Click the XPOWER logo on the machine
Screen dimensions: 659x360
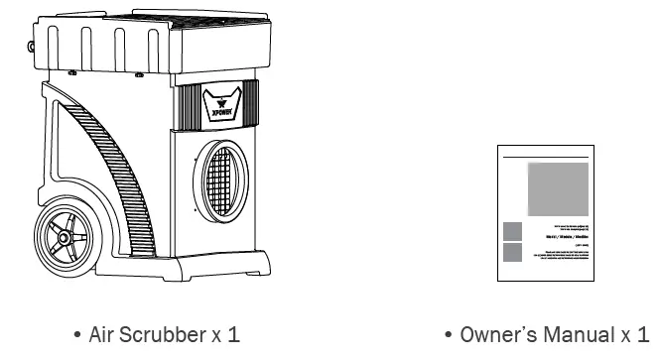click(220, 103)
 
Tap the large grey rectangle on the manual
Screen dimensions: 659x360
click(558, 190)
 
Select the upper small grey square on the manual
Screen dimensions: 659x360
click(513, 231)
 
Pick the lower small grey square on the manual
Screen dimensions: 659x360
click(513, 252)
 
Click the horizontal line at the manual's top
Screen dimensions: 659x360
click(547, 158)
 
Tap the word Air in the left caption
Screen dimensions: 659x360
click(103, 334)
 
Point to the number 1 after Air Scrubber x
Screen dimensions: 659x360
click(234, 334)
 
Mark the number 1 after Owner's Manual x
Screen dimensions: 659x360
click(642, 334)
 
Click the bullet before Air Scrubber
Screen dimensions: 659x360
click(77, 335)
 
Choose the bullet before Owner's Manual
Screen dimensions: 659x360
click(450, 335)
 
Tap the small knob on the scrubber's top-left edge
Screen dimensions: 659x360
click(38, 44)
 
